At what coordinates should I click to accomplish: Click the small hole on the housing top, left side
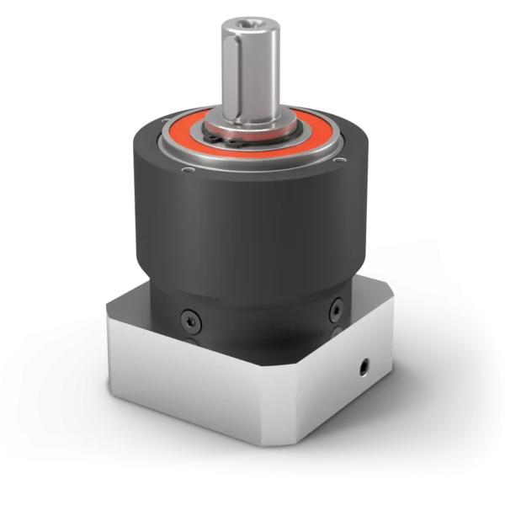189,171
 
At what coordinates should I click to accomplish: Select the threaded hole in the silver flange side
364,367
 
